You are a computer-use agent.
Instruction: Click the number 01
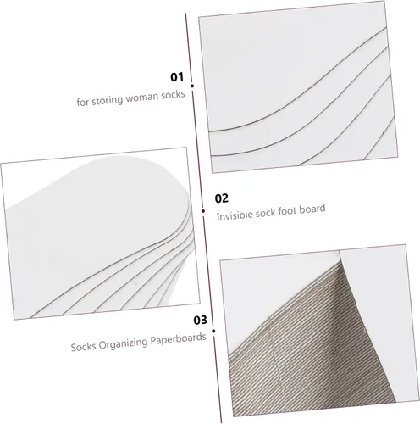177,77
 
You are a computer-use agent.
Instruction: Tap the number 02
222,198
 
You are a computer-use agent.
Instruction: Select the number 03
200,320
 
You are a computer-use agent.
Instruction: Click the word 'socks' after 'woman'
173,94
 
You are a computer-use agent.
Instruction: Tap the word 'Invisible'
235,215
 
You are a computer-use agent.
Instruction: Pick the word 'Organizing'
123,343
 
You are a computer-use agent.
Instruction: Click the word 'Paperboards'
178,338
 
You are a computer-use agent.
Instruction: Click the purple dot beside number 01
192,86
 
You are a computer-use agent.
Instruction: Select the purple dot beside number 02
203,211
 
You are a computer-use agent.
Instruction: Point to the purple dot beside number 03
213,331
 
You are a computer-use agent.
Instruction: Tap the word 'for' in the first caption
83,102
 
